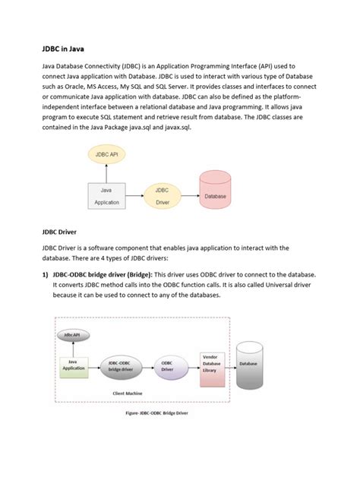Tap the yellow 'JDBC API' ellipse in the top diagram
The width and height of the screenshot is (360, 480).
106,154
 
